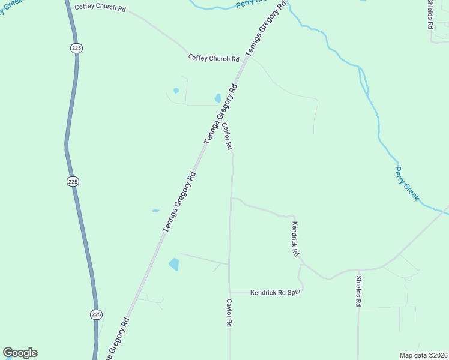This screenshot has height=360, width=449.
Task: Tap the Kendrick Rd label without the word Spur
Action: point(295,239)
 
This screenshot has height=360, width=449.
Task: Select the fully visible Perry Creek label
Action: point(406,183)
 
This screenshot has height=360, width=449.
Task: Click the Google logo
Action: point(20,353)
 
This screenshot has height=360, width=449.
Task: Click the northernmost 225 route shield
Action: point(75,48)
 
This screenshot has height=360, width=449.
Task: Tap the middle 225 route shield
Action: point(73,181)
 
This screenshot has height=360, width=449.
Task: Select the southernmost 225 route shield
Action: point(96,314)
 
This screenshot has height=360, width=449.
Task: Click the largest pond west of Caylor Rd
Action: point(174,264)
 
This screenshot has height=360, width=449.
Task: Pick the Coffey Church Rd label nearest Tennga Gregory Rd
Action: point(214,58)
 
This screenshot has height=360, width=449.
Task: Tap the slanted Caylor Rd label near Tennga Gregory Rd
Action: point(227,137)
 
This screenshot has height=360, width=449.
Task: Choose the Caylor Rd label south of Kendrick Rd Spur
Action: point(229,313)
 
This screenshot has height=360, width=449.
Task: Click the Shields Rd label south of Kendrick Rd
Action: point(358,292)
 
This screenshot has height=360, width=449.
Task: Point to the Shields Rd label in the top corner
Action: point(430,14)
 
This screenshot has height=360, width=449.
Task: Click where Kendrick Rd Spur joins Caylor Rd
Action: point(229,292)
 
